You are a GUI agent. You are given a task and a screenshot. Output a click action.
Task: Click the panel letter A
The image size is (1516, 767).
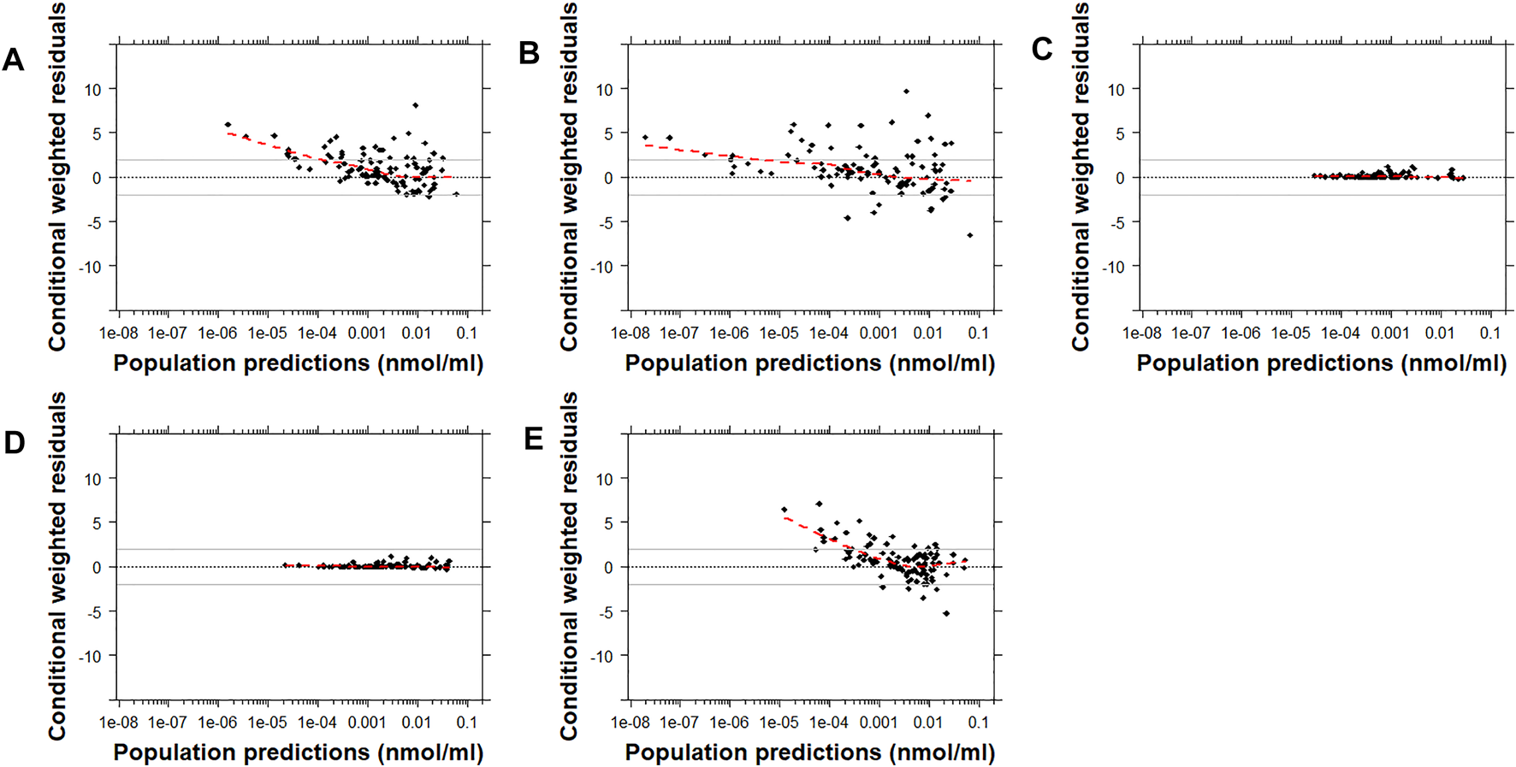coord(13,60)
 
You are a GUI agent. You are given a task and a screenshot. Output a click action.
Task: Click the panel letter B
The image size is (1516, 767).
coord(529,53)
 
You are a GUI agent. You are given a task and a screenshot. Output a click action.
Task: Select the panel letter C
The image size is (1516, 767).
coord(1041,50)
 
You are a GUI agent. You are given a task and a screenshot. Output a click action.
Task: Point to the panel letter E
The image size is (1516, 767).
coord(533,440)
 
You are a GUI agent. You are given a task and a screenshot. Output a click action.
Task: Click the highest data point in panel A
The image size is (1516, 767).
coord(415,105)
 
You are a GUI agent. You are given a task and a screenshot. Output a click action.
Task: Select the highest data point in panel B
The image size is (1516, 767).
coord(906,91)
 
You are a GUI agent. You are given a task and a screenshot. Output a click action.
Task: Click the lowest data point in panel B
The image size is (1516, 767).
coord(969,235)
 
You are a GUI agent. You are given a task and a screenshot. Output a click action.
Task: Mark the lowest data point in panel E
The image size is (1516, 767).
coord(946,613)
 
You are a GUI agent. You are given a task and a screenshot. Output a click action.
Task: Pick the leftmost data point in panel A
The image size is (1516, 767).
coord(228,125)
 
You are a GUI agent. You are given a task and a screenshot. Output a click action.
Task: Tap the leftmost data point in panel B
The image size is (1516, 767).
coord(645,137)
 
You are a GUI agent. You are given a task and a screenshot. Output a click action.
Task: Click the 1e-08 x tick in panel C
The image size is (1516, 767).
coord(1141,333)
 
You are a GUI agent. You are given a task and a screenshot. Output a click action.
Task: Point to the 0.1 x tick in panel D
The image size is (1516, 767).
coord(466,723)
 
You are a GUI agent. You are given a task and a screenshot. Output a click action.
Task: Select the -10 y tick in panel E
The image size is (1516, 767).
coord(604,656)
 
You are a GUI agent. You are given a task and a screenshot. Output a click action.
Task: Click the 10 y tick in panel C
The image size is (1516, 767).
coord(1116,89)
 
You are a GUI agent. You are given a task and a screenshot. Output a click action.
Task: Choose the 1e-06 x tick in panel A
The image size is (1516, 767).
coord(217,333)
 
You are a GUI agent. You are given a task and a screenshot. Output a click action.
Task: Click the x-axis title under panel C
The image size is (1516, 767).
coord(1321,363)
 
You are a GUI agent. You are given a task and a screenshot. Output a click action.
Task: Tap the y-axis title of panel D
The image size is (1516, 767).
coord(57,566)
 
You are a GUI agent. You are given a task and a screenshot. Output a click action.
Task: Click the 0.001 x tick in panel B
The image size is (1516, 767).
coord(879,333)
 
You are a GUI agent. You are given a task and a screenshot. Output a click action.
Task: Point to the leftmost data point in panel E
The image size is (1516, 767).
coord(784,510)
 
